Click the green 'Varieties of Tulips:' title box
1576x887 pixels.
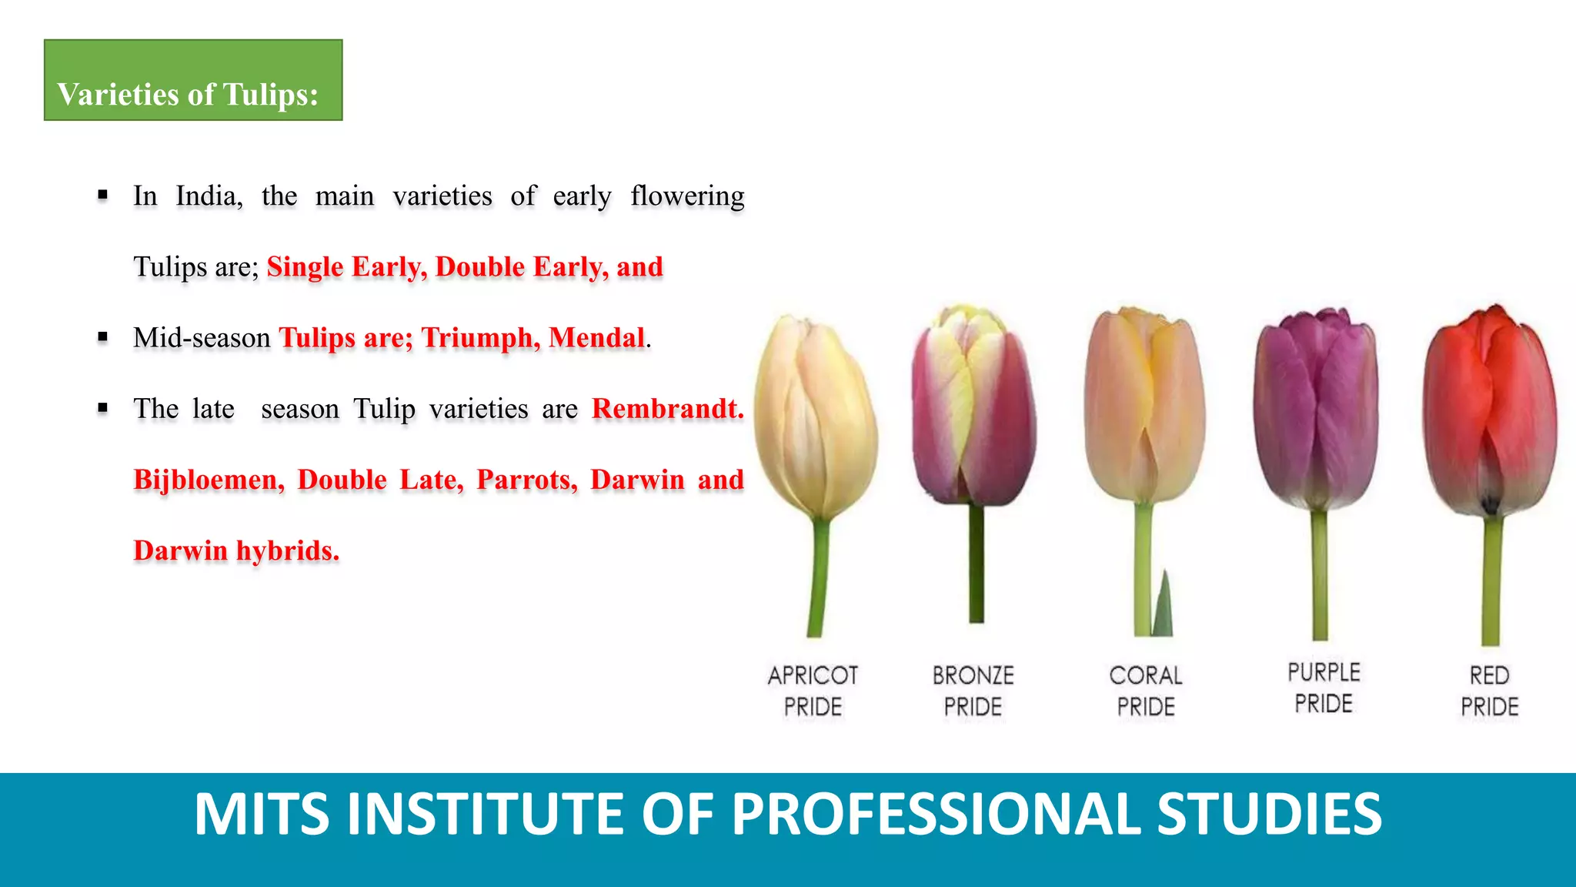(192, 80)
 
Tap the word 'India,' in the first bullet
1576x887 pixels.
(209, 196)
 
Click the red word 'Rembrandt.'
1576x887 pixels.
(667, 409)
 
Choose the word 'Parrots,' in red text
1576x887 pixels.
(526, 480)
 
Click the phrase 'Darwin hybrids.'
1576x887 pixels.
(236, 551)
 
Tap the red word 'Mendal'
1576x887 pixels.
(596, 338)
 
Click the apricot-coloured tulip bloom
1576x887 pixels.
(815, 416)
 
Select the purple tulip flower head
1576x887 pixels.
(1316, 408)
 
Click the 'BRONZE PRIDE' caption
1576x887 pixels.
(973, 691)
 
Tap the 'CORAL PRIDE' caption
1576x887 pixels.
(1146, 691)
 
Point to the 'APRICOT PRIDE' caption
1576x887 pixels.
(813, 691)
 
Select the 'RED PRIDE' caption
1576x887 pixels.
(1490, 691)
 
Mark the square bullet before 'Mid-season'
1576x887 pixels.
(103, 337)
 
